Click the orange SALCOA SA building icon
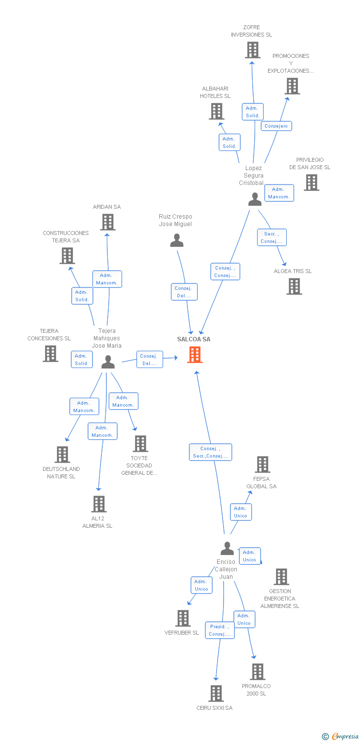[195, 355]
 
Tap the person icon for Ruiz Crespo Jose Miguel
[177, 240]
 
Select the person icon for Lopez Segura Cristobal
[255, 199]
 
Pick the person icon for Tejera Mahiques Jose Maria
[108, 362]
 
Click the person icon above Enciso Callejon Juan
[227, 548]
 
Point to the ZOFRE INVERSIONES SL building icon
[252, 50]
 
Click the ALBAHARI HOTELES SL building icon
[217, 111]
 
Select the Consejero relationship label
[276, 126]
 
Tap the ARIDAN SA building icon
[108, 222]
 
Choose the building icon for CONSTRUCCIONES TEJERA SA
[67, 256]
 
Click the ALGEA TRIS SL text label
[292, 271]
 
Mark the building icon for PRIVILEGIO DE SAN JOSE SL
[312, 183]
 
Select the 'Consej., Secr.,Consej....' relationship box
[210, 452]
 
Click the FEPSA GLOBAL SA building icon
[263, 464]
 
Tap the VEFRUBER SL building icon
[183, 618]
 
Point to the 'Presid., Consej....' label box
[220, 630]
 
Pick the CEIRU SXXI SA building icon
[216, 694]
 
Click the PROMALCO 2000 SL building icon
[257, 671]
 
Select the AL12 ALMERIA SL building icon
[99, 504]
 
